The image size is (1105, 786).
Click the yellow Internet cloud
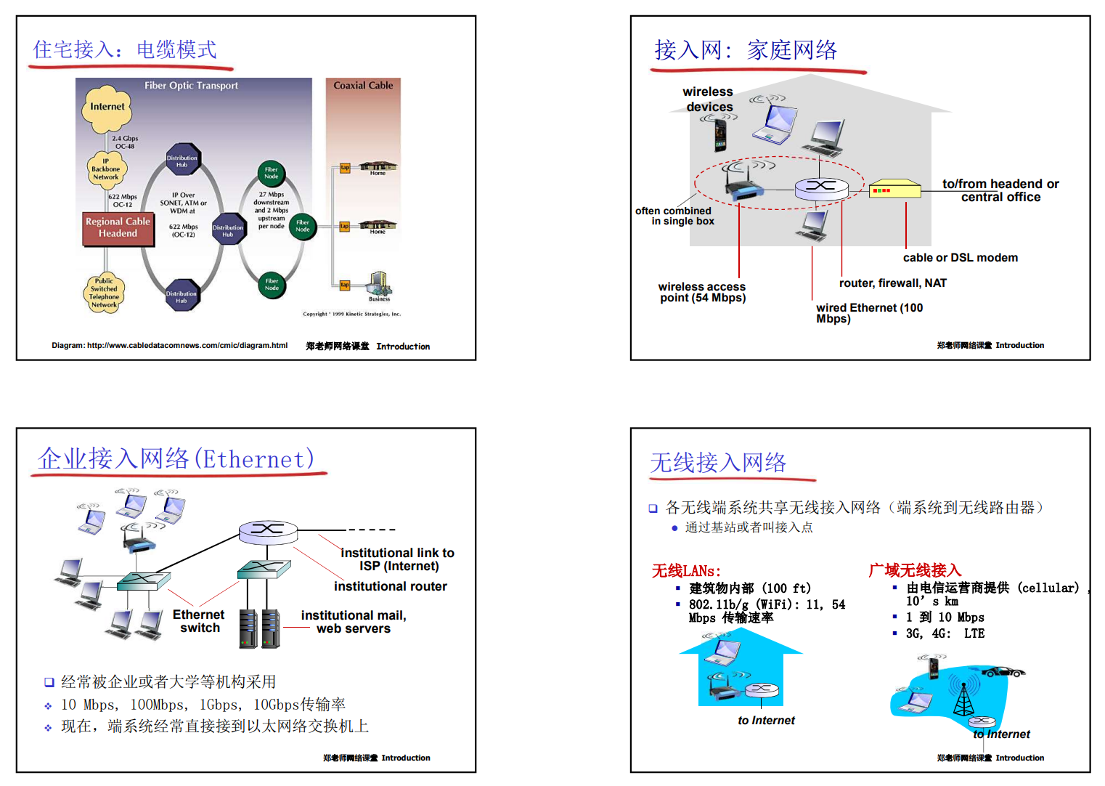(x=107, y=108)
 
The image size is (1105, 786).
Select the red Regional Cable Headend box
(x=118, y=227)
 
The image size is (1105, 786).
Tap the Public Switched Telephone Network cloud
(x=104, y=293)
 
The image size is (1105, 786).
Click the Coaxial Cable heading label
(x=363, y=86)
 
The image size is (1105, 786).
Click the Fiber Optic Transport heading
(x=191, y=86)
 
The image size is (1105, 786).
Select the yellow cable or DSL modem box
(x=894, y=190)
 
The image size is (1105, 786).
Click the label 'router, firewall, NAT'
(x=892, y=283)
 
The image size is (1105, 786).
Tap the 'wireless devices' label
(x=708, y=100)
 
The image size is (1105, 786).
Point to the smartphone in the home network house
(x=719, y=134)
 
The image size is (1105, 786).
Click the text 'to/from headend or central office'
(x=1000, y=190)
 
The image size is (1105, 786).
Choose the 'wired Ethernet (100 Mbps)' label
(x=869, y=313)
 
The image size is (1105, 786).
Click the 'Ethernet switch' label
(x=199, y=621)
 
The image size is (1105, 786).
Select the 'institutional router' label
(x=391, y=586)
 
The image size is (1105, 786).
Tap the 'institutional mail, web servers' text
(x=354, y=622)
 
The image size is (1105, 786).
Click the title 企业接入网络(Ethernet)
(x=176, y=459)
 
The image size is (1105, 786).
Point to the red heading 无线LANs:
(x=686, y=571)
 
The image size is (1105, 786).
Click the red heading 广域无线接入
(x=915, y=570)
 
